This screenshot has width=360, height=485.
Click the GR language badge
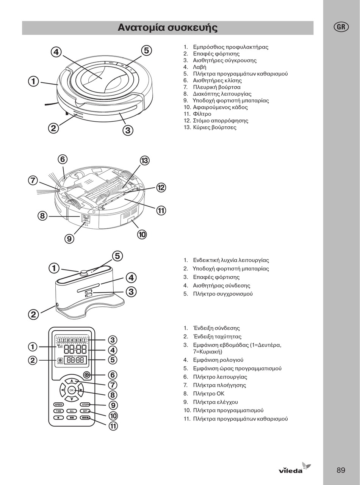coord(341,27)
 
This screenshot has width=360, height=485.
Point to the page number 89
coord(341,470)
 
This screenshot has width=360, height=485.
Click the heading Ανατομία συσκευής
coord(167,28)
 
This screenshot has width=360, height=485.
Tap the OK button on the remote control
coord(71,390)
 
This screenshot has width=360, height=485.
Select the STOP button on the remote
coord(85,405)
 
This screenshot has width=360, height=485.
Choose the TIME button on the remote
coord(59,411)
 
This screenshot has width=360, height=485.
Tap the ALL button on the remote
coord(72,411)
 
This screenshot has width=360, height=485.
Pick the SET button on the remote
coord(85,411)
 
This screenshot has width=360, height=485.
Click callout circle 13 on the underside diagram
coord(144,161)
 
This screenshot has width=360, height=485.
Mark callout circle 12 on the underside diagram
coord(161,187)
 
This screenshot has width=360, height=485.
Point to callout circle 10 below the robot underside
coord(142,235)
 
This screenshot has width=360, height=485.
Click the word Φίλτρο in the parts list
coord(202,114)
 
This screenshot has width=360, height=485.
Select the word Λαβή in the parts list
coord(200,67)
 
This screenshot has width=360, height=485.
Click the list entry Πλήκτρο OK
coord(208,394)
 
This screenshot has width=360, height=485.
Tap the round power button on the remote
coord(87,375)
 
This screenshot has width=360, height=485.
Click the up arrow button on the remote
coord(71,381)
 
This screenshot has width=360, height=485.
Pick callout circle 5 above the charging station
coord(117,256)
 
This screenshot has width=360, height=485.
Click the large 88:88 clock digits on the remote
coord(75,350)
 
